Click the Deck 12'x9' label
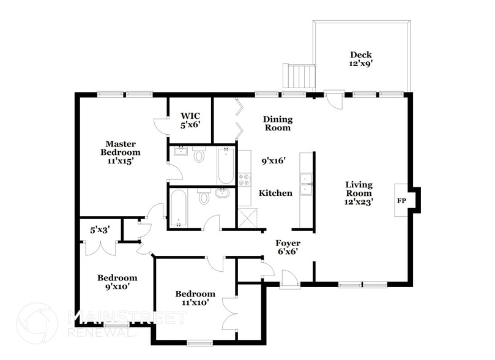pyautogui.click(x=360, y=59)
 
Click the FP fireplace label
pyautogui.click(x=402, y=200)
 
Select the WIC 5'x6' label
pyautogui.click(x=190, y=119)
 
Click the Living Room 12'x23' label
pyautogui.click(x=359, y=192)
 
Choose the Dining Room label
pyautogui.click(x=277, y=123)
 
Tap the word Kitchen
pyautogui.click(x=275, y=193)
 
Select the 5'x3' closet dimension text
pyautogui.click(x=100, y=231)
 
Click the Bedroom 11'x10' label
pyautogui.click(x=195, y=298)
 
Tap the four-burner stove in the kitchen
pyautogui.click(x=244, y=179)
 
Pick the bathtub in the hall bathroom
pyautogui.click(x=179, y=208)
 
